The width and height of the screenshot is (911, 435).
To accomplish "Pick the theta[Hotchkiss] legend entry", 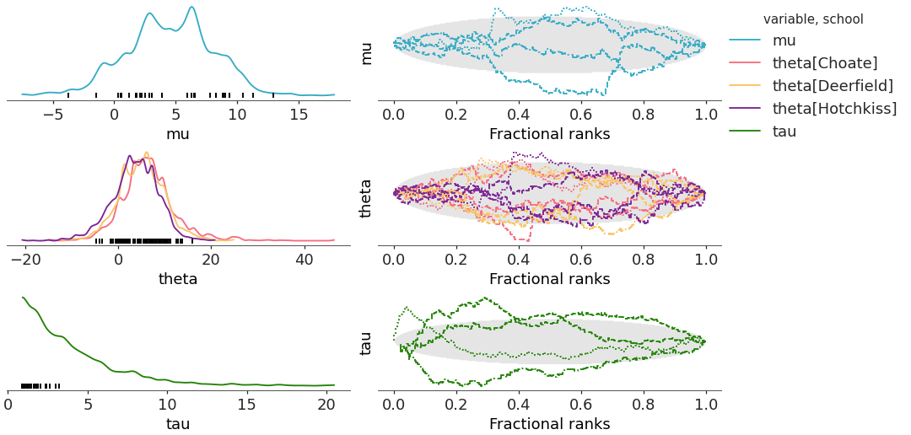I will point(834,108).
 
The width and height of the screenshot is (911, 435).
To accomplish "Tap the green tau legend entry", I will point(784,131).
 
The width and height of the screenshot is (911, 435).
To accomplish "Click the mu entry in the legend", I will point(784,40).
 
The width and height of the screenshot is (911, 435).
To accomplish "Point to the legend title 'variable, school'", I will point(813,19).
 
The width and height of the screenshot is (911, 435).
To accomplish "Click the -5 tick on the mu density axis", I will point(54,115).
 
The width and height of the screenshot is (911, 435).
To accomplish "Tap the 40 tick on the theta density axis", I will point(305,260).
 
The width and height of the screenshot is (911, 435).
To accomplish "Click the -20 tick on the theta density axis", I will point(25,260).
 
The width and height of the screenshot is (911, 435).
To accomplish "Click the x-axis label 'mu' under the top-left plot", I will point(178,134).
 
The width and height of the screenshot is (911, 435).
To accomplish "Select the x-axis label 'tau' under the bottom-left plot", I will point(178,423).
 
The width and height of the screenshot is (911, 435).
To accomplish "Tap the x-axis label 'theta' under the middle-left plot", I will point(178,279).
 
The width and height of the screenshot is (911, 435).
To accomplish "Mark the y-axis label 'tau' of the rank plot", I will point(366,342).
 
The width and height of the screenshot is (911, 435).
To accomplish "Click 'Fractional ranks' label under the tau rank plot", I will point(549,423).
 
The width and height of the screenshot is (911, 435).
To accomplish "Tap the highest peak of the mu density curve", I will point(192,8).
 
